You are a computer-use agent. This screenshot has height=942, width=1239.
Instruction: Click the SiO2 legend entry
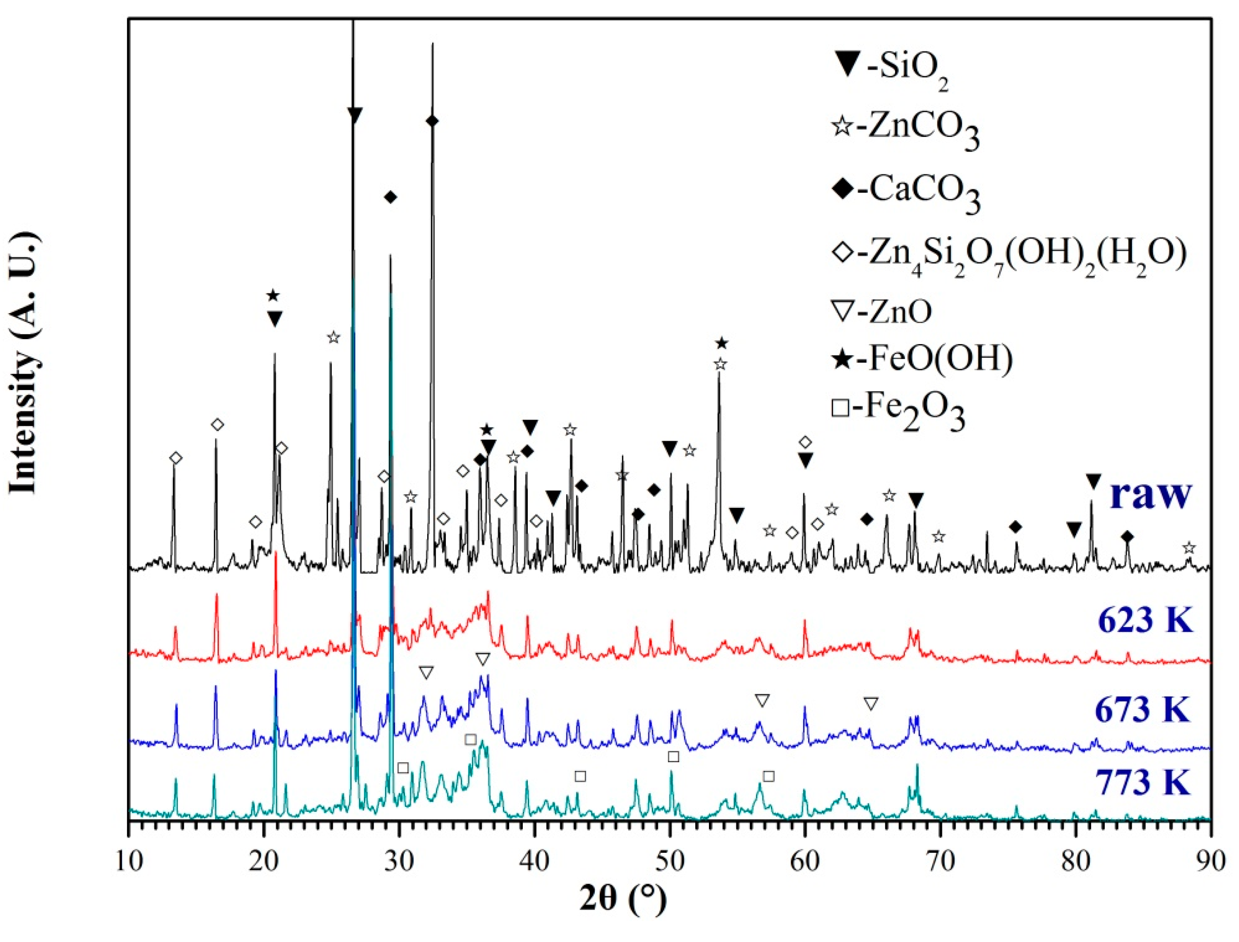point(891,70)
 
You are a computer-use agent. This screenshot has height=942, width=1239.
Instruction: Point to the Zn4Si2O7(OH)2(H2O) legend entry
point(1009,255)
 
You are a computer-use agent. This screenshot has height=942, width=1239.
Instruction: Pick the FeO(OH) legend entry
point(922,359)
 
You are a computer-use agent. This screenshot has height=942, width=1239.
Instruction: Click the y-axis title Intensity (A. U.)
point(25,365)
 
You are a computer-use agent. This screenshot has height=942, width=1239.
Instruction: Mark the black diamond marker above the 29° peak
point(391,197)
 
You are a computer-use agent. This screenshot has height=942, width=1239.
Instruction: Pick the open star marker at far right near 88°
point(1188,548)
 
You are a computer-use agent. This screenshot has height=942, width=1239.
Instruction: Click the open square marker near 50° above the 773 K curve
point(673,757)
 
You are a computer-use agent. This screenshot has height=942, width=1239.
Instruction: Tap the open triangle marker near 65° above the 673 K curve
point(870,704)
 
